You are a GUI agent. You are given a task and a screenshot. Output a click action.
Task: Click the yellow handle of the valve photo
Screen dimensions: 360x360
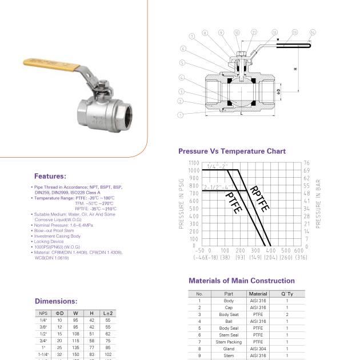pos(43,64)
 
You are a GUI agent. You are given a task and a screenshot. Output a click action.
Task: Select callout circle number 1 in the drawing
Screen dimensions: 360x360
pos(181,114)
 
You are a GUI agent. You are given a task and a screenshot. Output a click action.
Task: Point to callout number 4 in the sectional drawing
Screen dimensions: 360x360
pos(181,77)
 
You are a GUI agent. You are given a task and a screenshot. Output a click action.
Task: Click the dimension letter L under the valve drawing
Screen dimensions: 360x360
pos(242,114)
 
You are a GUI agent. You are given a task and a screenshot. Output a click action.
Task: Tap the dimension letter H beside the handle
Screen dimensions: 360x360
pos(295,69)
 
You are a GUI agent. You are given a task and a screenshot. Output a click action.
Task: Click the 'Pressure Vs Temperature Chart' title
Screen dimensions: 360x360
pos(232,151)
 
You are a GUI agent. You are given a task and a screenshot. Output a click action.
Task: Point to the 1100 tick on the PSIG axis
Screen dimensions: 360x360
pos(194,163)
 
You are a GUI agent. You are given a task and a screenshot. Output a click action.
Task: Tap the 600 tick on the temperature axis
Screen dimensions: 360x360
pos(298,250)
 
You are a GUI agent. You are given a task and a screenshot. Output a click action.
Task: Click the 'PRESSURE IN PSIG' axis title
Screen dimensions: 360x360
pos(182,203)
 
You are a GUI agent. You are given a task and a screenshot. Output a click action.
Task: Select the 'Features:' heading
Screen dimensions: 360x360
pos(50,176)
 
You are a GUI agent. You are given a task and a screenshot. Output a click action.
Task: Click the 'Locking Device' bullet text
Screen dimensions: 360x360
pos(49,242)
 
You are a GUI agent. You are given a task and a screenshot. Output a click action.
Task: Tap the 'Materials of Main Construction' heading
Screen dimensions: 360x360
pos(242,281)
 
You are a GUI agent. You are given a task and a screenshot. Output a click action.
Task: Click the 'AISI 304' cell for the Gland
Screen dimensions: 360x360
pos(258,349)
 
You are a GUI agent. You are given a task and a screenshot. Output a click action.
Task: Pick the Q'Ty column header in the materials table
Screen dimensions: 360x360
pos(287,294)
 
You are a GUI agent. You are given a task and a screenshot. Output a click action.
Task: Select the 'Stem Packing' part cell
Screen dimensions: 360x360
pos(229,342)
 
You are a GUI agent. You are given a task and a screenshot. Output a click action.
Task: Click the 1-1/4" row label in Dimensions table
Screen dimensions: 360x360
pos(43,354)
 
